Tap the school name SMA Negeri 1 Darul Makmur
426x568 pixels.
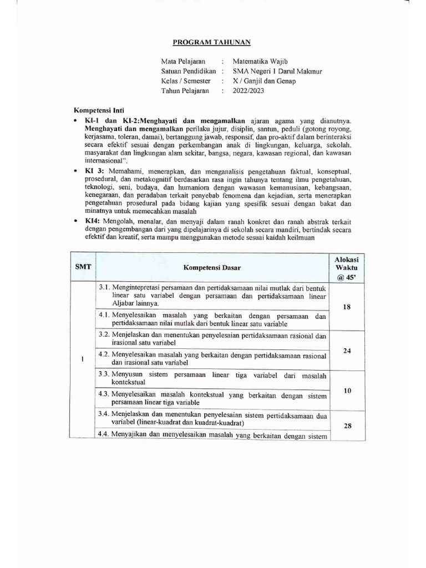point(277,71)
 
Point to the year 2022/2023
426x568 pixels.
point(249,91)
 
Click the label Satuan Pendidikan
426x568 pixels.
point(188,71)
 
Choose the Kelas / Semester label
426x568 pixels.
point(186,81)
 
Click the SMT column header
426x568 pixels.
point(83,267)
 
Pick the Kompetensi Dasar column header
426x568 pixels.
point(212,267)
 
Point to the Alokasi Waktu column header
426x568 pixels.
point(346,267)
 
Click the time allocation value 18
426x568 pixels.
point(347,307)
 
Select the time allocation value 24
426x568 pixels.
point(347,350)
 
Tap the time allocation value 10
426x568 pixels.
point(347,390)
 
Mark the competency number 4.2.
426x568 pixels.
point(104,354)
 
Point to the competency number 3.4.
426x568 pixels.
point(104,414)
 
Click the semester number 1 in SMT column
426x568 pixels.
point(82,358)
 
